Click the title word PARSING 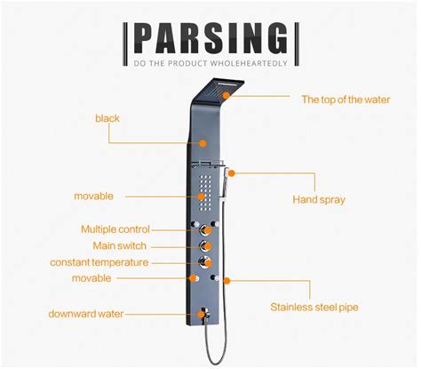point(210,39)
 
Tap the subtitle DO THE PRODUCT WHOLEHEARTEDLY point(210,64)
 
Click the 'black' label point(107,117)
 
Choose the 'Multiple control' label point(115,229)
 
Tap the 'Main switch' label point(120,245)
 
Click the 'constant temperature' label point(99,262)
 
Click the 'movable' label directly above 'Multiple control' point(93,196)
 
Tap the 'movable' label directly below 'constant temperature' point(92,278)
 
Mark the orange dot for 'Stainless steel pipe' point(227,280)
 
